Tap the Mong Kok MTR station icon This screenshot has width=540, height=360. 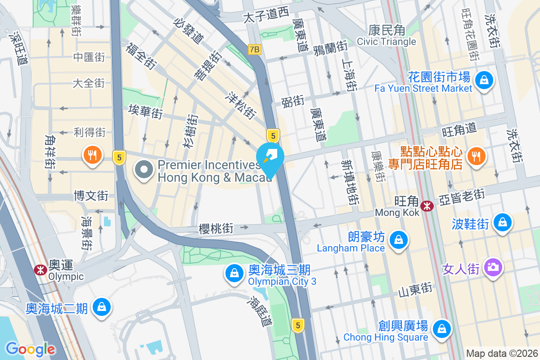[427, 206]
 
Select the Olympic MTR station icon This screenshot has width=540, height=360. [40, 270]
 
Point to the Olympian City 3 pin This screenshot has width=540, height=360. [234, 273]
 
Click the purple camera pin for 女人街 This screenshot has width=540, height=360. [493, 267]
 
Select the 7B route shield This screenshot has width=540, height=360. [254, 49]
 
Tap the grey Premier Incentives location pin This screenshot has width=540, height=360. [144, 171]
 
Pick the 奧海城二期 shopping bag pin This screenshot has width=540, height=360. [102, 307]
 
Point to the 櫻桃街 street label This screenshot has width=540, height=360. [216, 229]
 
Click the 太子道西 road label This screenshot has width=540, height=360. [265, 15]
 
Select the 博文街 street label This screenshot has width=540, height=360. [91, 196]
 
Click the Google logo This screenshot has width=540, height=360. [30, 349]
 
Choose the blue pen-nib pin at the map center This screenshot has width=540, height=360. [270, 157]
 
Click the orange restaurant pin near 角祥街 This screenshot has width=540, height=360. [92, 155]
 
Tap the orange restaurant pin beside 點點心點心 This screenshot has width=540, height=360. [475, 156]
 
